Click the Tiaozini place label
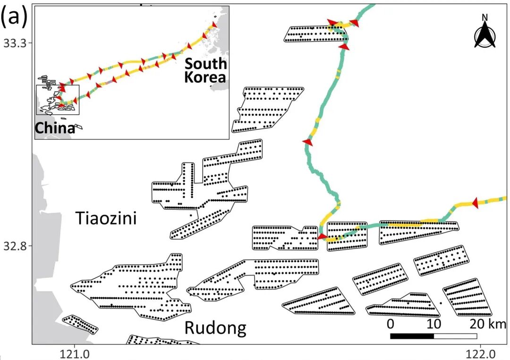(106, 218)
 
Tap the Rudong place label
(215, 328)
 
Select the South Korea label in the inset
(205, 70)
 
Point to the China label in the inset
(55, 128)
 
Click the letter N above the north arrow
(484, 18)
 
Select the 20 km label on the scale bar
(488, 325)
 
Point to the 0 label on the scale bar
(391, 325)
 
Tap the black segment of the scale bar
(412, 336)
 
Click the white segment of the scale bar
(455, 336)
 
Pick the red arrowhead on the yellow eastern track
(475, 201)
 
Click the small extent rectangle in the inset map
(58, 100)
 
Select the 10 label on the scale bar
(433, 325)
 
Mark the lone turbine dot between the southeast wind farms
(441, 303)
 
